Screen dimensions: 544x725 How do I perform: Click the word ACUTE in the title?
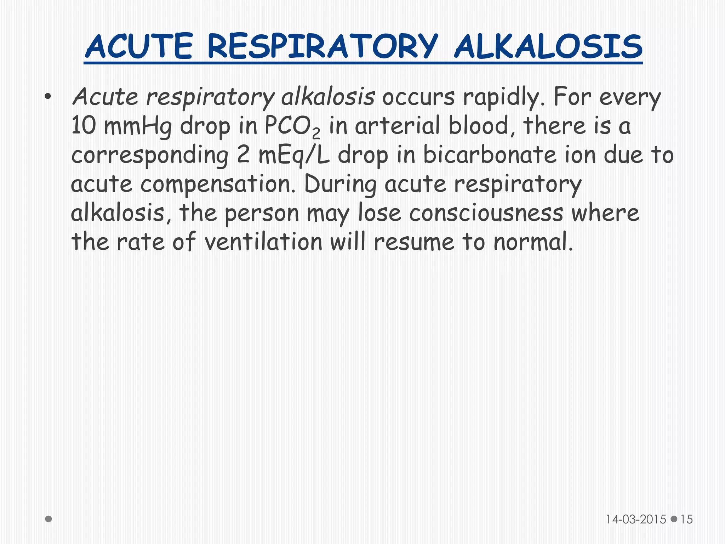[139, 46]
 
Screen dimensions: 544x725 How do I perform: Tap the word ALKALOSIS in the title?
[548, 46]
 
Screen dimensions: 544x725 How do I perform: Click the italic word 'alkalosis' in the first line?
[328, 96]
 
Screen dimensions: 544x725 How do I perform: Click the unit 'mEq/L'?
[293, 155]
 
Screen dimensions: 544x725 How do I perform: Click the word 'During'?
[339, 184]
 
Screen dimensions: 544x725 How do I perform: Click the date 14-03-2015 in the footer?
[636, 519]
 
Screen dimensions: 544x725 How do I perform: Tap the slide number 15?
[686, 519]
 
